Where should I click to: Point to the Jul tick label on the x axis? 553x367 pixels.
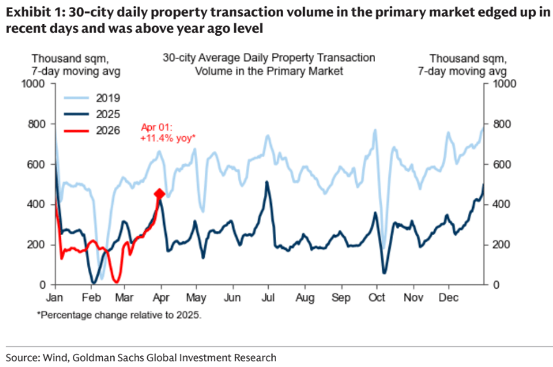[x=269, y=298]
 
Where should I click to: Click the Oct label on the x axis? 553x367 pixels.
[x=376, y=298]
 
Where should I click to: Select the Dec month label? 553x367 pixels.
[x=449, y=298]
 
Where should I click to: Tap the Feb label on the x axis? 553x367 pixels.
[x=90, y=298]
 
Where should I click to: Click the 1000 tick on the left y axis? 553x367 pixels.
[x=34, y=84]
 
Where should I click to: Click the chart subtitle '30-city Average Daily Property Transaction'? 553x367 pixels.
[x=269, y=58]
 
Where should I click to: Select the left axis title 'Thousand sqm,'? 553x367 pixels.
[x=61, y=58]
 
